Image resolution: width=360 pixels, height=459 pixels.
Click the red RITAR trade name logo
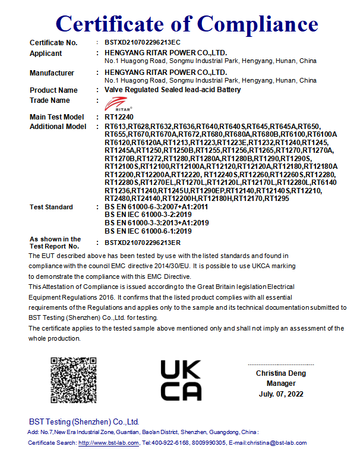[x=114, y=105]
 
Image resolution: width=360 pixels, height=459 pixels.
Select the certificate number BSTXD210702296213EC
[x=142, y=43]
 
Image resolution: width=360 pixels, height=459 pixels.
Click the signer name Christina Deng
[x=281, y=373]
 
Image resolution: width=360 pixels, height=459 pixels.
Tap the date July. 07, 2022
[x=281, y=394]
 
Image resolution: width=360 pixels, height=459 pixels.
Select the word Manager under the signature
[x=281, y=383]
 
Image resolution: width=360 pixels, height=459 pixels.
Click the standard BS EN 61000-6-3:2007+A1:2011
[x=156, y=207]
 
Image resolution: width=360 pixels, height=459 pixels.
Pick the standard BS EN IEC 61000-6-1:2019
[x=148, y=231]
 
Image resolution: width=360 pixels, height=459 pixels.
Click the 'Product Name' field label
[x=53, y=90]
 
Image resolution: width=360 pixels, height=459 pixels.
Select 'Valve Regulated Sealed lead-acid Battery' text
[x=172, y=90]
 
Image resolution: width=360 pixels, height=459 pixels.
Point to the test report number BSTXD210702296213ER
[x=142, y=243]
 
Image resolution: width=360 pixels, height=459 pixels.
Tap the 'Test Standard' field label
[x=51, y=207]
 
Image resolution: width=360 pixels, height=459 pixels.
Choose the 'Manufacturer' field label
[x=52, y=73]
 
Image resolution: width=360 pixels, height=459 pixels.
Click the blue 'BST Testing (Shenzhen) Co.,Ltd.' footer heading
[x=84, y=421]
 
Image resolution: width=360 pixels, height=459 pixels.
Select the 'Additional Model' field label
[x=58, y=127]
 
